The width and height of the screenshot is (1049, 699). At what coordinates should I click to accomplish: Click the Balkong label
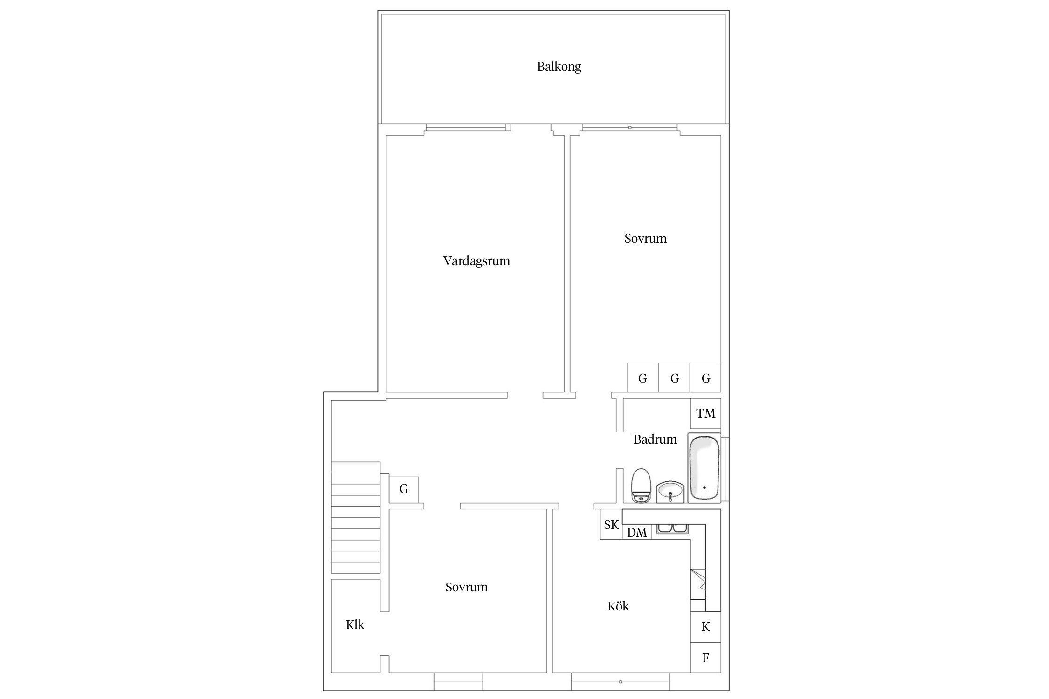[559, 67]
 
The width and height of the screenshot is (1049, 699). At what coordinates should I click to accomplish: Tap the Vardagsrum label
[476, 261]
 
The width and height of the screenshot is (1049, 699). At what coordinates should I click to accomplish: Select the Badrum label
[655, 439]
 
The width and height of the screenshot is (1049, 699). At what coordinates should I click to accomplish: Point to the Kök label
[618, 606]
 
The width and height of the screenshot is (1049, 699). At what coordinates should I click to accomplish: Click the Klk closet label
[355, 625]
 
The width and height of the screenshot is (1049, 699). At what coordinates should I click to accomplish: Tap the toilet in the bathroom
[641, 486]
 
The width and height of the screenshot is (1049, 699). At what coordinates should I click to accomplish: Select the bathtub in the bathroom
[704, 467]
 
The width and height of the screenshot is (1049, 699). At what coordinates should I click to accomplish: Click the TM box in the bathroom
[705, 413]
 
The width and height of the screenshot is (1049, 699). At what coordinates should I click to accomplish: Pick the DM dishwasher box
[637, 532]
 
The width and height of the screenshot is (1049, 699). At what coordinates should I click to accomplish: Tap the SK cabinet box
[611, 525]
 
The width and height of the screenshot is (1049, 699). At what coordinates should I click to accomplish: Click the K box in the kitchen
[705, 627]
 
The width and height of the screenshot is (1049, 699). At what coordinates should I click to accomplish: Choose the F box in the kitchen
[705, 658]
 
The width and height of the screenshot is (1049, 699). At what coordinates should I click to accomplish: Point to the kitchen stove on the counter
[698, 584]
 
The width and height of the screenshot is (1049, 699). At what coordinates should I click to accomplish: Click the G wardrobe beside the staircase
[404, 489]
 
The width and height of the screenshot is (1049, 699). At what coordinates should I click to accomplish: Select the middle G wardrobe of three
[674, 378]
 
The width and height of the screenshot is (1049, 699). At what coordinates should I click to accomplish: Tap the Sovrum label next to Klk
[466, 587]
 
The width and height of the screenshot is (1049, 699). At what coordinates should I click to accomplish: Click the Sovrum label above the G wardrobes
[645, 239]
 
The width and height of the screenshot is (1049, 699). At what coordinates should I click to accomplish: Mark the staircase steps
[356, 517]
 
